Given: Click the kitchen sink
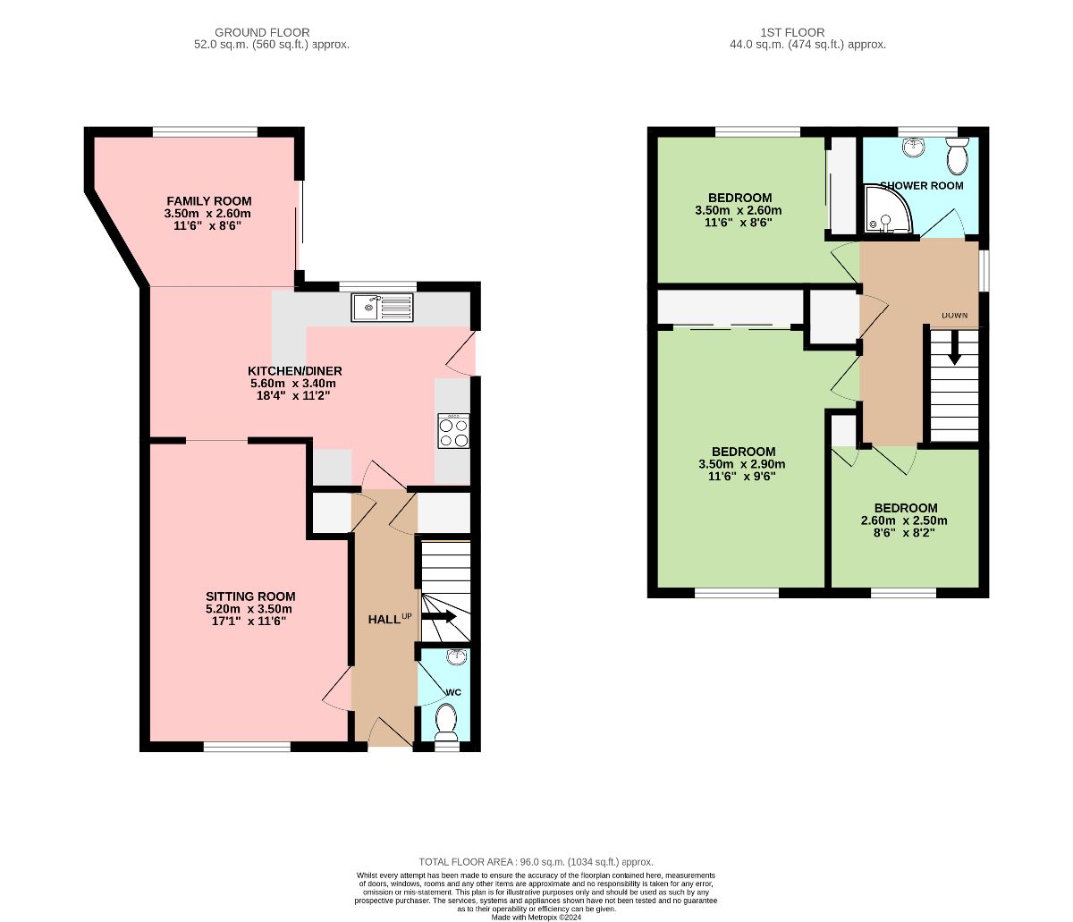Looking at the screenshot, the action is point(382,308).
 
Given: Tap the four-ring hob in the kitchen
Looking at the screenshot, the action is point(453,430).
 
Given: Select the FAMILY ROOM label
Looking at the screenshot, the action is point(209,201).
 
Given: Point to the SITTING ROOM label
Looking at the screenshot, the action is point(250,596).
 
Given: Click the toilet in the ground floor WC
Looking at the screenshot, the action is point(446,723).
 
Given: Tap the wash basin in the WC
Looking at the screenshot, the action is point(457,656).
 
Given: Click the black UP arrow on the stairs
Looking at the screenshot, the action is point(439,617).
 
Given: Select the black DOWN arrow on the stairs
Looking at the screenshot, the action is point(953,353).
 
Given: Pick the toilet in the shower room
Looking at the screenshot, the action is point(958,156).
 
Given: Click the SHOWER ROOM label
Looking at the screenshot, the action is point(921,185).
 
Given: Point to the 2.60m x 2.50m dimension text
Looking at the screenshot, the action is point(904,520).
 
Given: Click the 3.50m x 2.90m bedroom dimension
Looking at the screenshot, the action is point(742,464).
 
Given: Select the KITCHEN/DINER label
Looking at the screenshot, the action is point(294,371).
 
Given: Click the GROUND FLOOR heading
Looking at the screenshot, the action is point(262,33).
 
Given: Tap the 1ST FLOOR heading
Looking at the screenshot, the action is point(792,33).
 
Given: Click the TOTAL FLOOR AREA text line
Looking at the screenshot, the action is point(536,862).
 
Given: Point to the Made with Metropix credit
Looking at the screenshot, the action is point(536,918).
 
